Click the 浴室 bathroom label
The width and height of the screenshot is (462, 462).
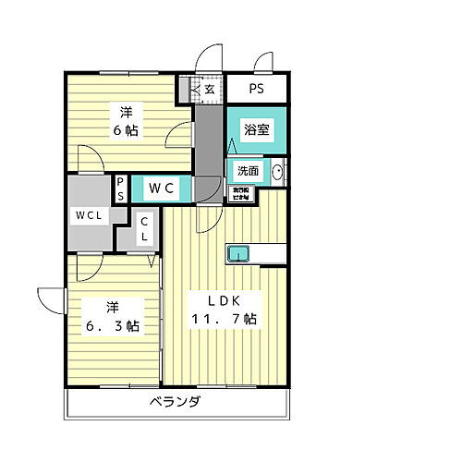pos(258,130)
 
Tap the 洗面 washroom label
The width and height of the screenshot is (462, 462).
pos(247,171)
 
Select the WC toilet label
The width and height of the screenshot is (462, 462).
pos(163,188)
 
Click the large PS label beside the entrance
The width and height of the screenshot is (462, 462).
pos(256,90)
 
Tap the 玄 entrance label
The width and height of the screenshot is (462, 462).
pos(210,90)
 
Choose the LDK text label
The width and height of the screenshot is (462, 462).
pos(222,300)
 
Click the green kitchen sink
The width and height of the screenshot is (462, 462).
pos(238,253)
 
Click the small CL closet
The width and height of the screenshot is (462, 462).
pos(145,228)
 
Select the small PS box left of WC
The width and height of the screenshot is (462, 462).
pos(120,188)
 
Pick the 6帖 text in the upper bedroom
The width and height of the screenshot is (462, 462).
pos(127,131)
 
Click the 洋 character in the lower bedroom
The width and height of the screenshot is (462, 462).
pos(110,307)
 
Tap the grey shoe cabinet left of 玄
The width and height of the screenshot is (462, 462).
pos(195,90)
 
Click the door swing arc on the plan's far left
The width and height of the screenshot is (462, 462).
pos(48,299)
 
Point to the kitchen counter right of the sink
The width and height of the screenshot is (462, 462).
pos(269,253)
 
